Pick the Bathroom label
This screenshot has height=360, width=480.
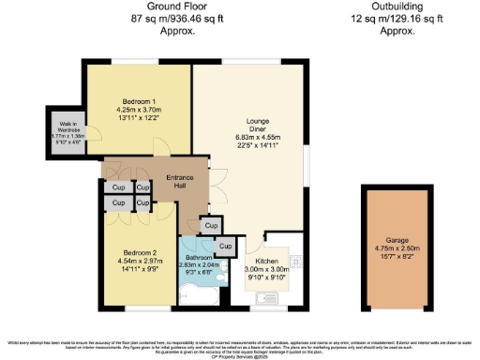point(200,257)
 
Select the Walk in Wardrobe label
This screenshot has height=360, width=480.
point(67,127)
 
